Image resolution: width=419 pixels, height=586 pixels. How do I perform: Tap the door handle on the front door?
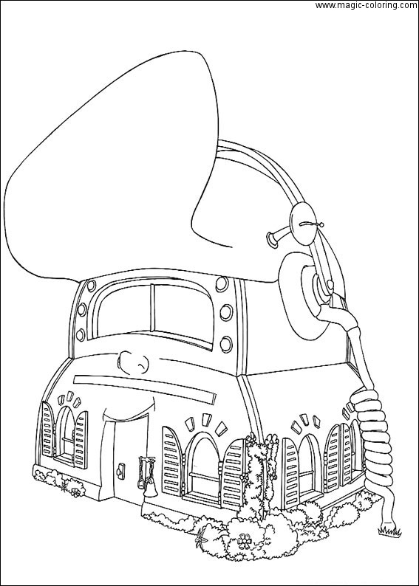[x=120, y=470]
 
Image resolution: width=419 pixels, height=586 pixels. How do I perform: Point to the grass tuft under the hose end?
[x=389, y=531]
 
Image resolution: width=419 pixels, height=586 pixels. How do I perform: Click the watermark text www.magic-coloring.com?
[x=367, y=5]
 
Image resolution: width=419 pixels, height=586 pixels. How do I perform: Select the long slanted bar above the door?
[x=145, y=389]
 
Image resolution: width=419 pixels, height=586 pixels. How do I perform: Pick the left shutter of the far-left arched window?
[x=47, y=430]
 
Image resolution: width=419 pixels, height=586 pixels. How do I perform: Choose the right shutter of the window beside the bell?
[x=232, y=473]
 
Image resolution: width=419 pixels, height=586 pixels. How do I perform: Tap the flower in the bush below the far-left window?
[x=76, y=492]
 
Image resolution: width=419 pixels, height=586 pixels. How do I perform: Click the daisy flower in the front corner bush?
[x=244, y=541]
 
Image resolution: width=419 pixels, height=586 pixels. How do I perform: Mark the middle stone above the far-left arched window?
[x=69, y=396]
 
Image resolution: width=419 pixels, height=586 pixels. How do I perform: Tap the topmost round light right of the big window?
[x=222, y=284]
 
